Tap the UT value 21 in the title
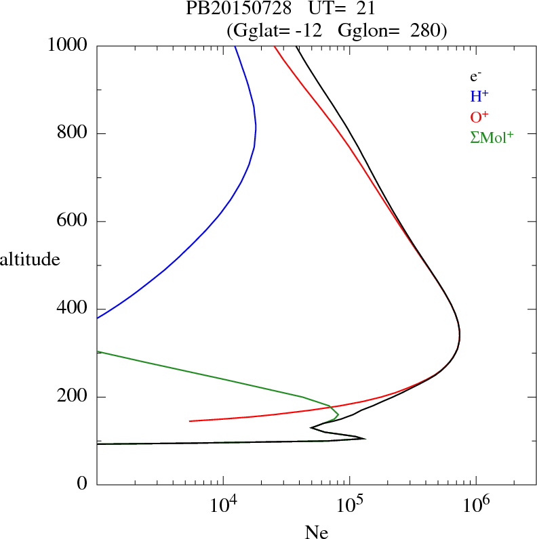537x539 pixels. click(x=365, y=9)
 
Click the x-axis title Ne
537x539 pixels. click(x=317, y=532)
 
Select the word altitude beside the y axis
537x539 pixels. click(x=31, y=259)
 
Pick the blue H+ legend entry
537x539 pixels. click(x=479, y=97)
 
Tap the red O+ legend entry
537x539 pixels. click(x=479, y=116)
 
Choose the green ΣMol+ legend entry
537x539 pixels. click(x=492, y=137)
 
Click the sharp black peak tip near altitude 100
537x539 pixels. click(x=365, y=439)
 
